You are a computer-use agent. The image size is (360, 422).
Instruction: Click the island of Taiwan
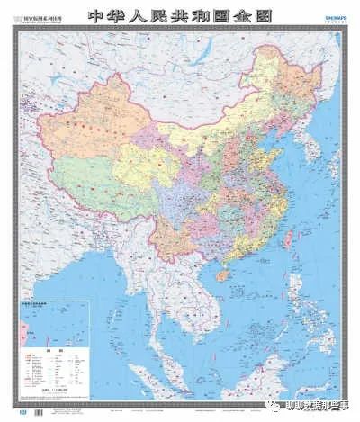point(288,238)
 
